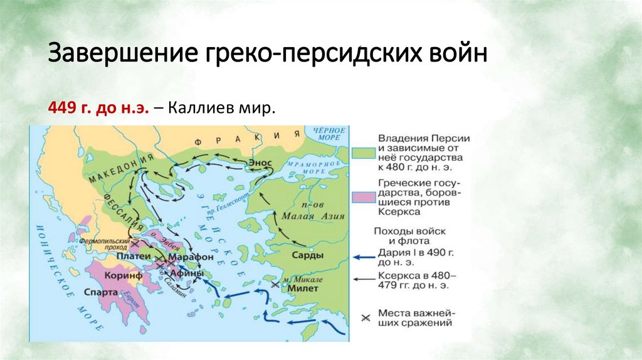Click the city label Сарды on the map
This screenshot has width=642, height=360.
tap(308, 255)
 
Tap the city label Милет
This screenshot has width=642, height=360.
tap(304, 289)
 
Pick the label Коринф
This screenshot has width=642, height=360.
tap(124, 275)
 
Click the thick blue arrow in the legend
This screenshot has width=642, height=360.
tap(364, 257)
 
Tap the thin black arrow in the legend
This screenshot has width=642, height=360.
tap(364, 279)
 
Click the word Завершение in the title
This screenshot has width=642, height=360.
tap(122, 52)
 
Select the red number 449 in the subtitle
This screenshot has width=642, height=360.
tap(61, 109)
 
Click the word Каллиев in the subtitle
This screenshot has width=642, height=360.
tap(205, 109)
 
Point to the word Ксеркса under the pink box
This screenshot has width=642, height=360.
tap(399, 213)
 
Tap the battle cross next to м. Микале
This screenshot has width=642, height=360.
tap(273, 284)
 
